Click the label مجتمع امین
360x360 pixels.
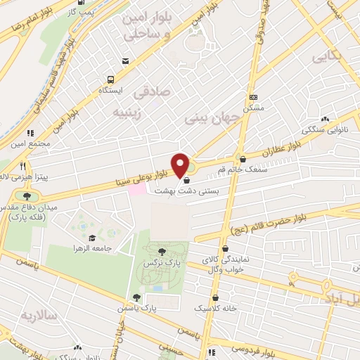pyautogui.click(x=28, y=144)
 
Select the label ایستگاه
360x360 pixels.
pyautogui.click(x=110, y=91)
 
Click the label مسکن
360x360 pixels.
pyautogui.click(x=253, y=109)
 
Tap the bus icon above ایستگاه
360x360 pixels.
pyautogui.click(x=110, y=79)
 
